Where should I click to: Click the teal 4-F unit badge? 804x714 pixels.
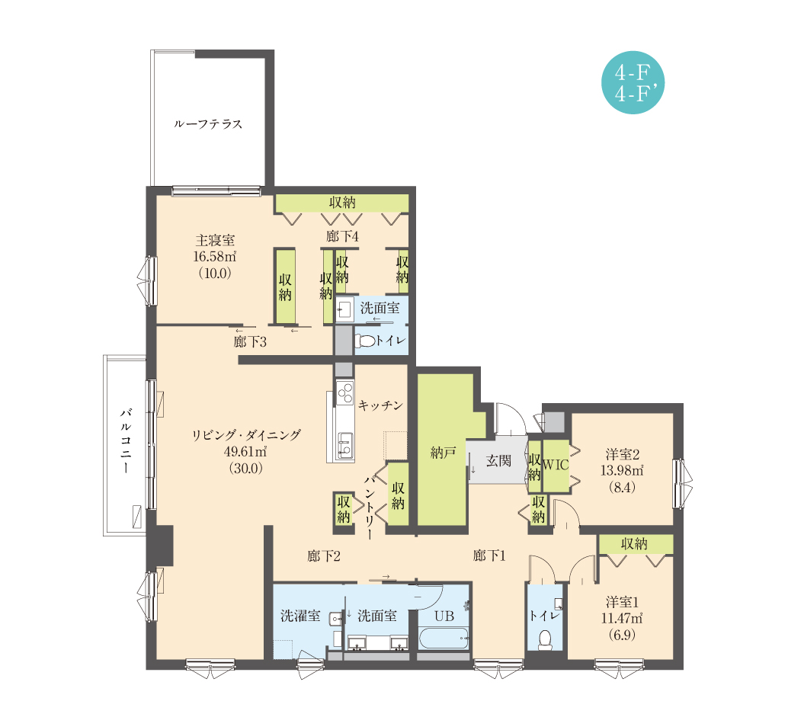click(633, 82)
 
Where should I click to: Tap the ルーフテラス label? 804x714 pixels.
click(207, 124)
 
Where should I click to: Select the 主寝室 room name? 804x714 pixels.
click(215, 240)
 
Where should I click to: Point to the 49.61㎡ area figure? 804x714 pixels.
click(245, 452)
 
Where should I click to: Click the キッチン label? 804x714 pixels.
click(380, 405)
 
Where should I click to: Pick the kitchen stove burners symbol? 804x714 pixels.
click(345, 392)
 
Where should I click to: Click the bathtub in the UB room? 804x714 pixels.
click(444, 639)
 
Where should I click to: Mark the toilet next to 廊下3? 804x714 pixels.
click(365, 341)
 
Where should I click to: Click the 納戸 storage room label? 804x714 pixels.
click(443, 453)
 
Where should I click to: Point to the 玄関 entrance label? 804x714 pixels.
click(498, 461)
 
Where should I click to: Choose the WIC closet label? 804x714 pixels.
click(556, 465)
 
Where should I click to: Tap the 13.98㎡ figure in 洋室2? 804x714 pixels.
click(621, 470)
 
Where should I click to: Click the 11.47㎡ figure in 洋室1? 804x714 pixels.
click(621, 618)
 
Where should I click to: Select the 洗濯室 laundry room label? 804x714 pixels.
click(300, 616)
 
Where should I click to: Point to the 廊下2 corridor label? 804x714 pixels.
click(324, 556)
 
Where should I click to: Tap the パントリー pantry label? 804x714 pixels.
click(370, 507)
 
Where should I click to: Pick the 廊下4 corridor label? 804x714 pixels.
click(342, 236)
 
